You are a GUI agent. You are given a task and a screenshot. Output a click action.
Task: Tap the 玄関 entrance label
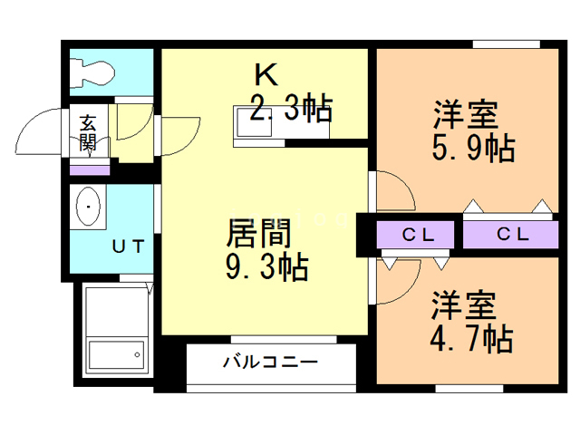(x=89, y=132)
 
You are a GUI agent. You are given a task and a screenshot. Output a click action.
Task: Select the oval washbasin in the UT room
(x=88, y=208)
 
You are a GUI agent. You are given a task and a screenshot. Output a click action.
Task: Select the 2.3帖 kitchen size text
(x=289, y=111)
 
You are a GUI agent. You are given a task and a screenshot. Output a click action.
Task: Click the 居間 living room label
(x=257, y=235)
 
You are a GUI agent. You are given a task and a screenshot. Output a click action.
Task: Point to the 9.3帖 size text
(x=265, y=267)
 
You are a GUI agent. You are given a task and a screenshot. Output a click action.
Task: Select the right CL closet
(x=512, y=235)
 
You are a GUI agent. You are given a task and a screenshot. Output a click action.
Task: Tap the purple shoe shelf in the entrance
(x=89, y=169)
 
